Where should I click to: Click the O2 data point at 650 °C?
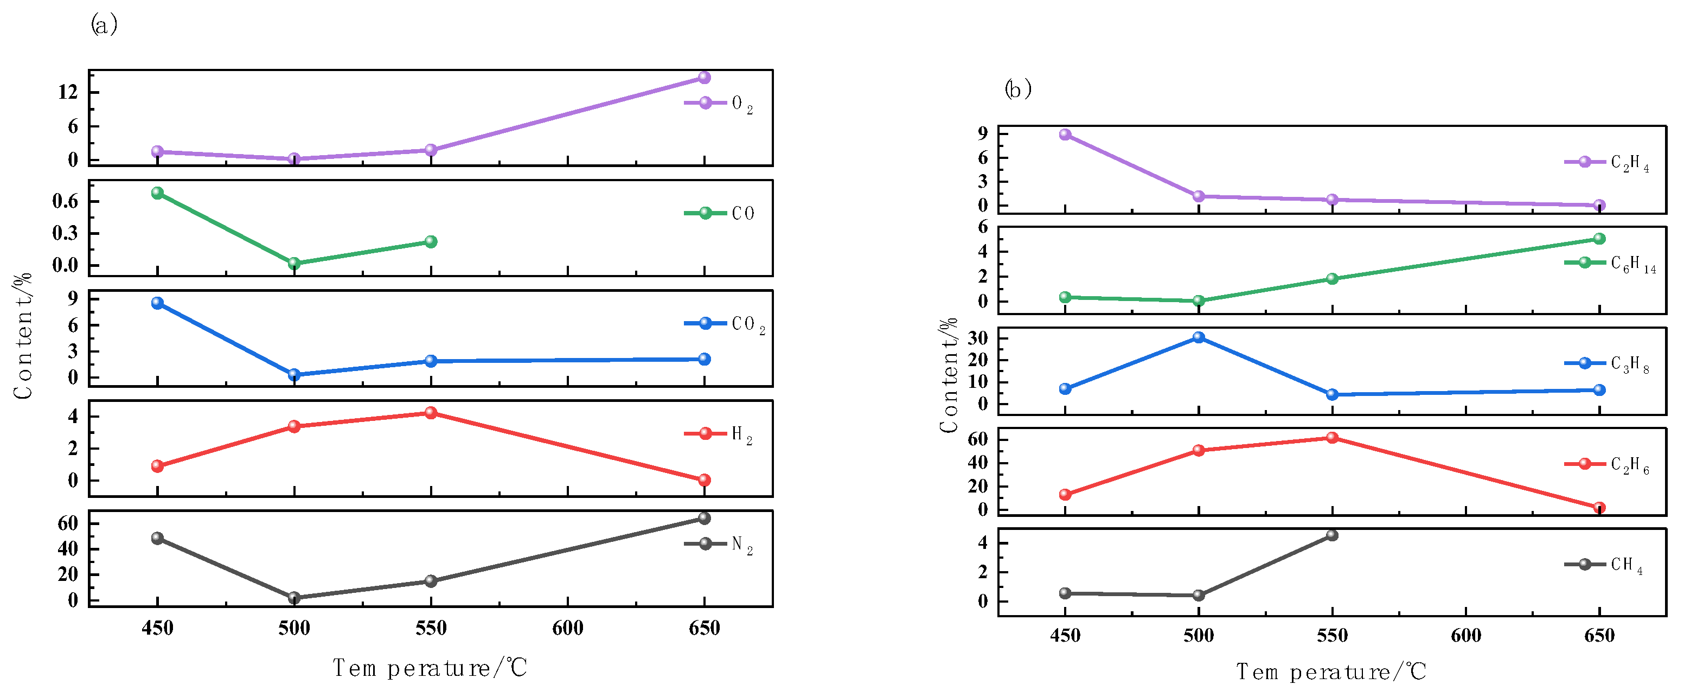pos(704,78)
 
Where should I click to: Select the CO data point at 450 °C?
pos(157,193)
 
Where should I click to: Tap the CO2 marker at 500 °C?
pos(294,375)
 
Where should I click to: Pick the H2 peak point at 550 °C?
pos(431,413)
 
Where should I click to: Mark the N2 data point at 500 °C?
pos(294,598)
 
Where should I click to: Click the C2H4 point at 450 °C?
pos(1065,135)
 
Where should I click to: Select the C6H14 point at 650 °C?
pos(1599,239)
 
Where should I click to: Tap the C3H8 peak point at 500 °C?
pos(1198,337)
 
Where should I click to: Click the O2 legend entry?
pos(719,103)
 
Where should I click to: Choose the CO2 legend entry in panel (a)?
pos(723,324)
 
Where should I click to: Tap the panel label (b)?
pos(1018,88)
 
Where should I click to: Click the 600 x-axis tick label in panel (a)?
pos(567,628)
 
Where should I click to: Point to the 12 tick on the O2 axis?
pos(68,92)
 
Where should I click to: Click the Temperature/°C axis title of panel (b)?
pos(1331,672)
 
